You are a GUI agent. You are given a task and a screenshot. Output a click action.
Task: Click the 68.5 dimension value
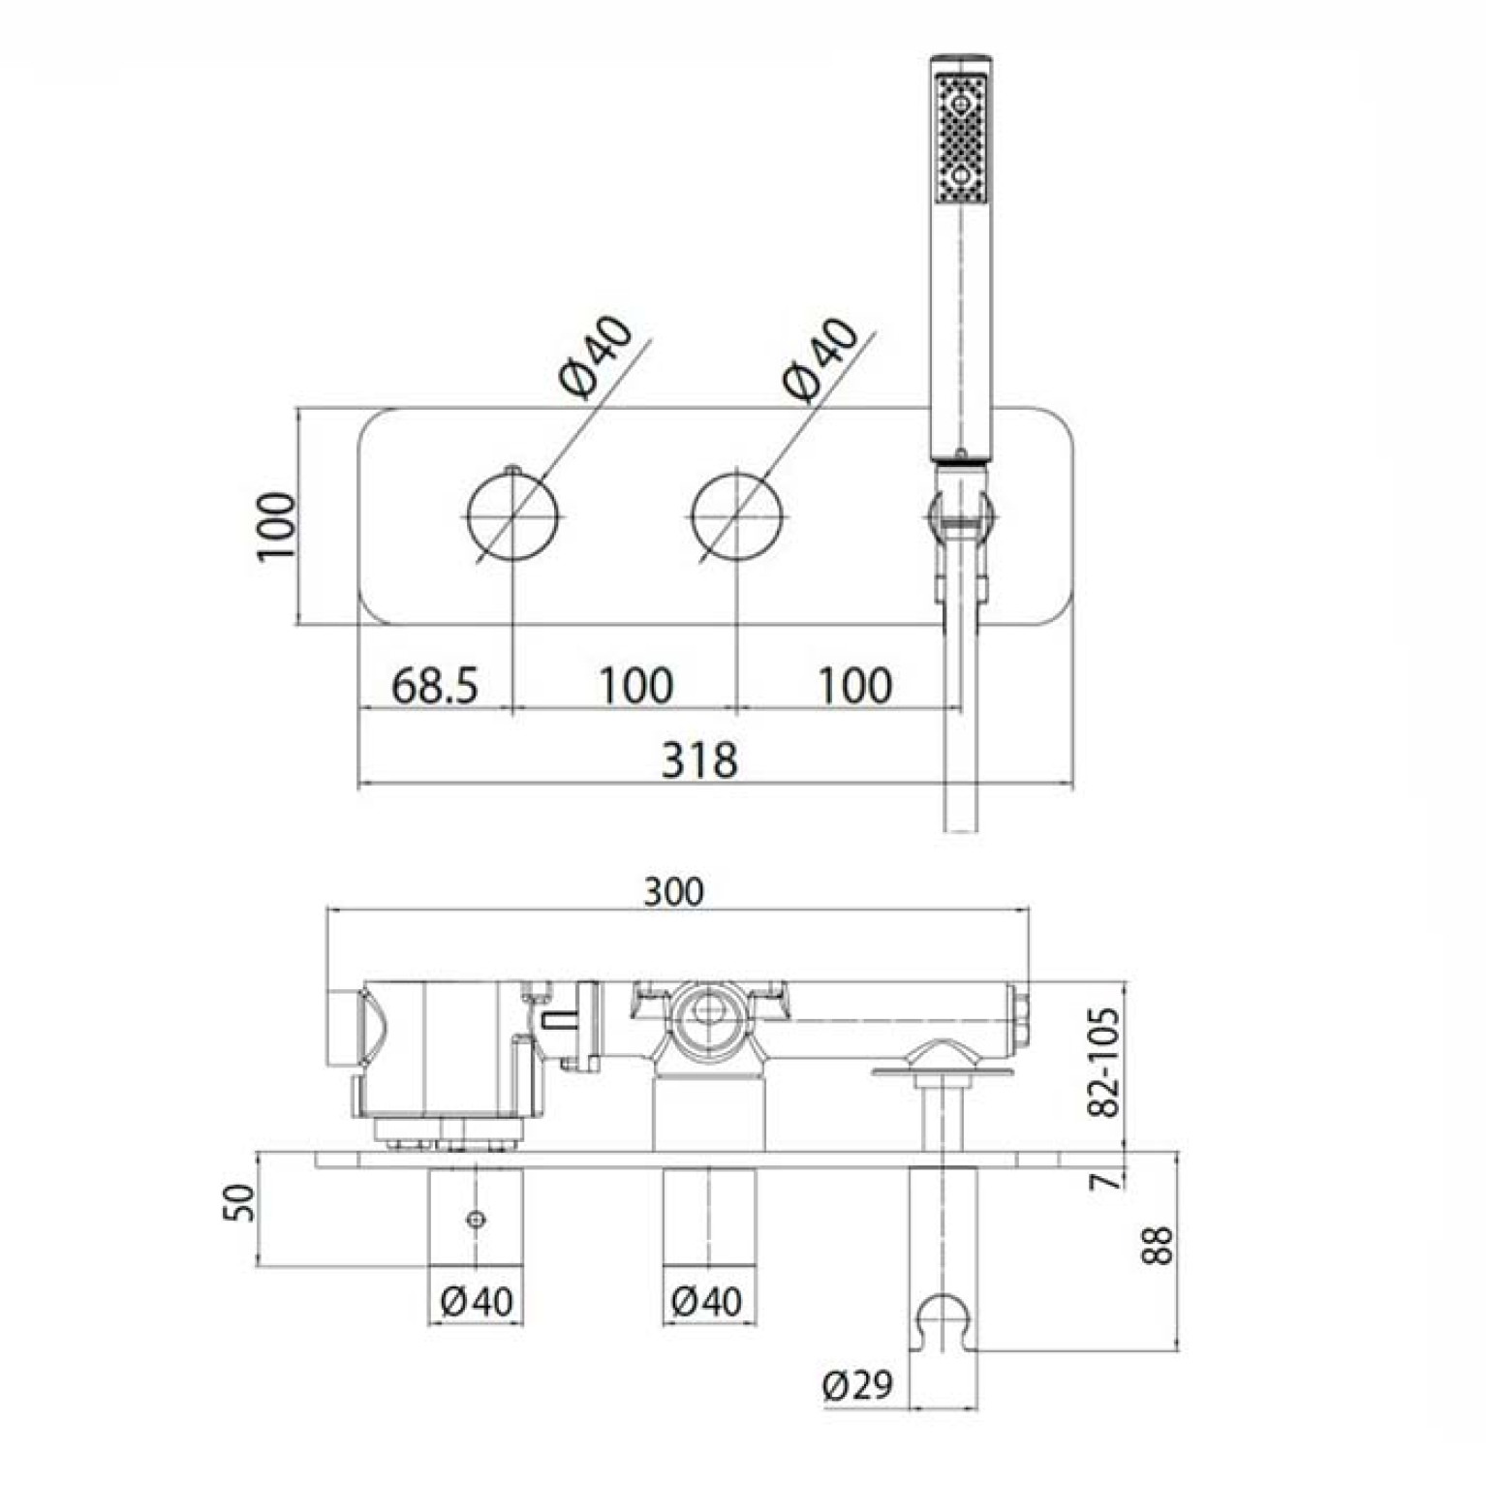pos(435,685)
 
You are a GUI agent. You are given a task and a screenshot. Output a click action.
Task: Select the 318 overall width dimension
pos(698,759)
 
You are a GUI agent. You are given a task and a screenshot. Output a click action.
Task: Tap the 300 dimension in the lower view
pos(674,891)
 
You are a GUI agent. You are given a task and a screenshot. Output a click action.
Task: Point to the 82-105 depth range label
pos(1103,1063)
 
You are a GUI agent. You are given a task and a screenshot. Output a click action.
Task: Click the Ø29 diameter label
pos(858,1384)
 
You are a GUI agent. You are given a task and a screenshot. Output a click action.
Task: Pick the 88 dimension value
pos(1157,1245)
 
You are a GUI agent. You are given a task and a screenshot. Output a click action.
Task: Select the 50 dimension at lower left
pos(240,1202)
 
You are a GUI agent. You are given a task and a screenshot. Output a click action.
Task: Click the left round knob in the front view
pos(514,514)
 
